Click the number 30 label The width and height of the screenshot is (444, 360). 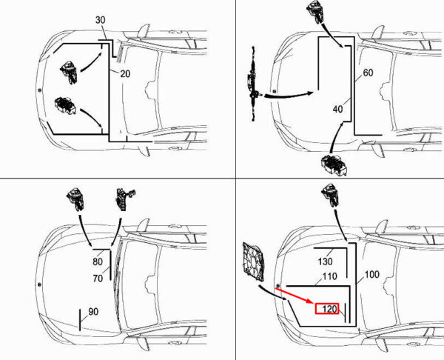(101, 19)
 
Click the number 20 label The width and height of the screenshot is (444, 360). (124, 73)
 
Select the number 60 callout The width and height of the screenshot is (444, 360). (368, 73)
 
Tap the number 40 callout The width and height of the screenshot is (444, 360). (338, 109)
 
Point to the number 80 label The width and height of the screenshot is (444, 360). (98, 261)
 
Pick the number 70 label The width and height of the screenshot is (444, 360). (98, 279)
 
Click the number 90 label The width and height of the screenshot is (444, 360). (93, 312)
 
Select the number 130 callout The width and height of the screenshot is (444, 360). (326, 261)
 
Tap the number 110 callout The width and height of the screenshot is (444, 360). (329, 277)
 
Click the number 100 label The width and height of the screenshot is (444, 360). (371, 275)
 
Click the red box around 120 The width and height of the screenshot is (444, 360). (327, 309)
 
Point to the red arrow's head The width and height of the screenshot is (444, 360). (317, 304)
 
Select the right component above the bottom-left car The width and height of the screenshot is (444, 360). (121, 199)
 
